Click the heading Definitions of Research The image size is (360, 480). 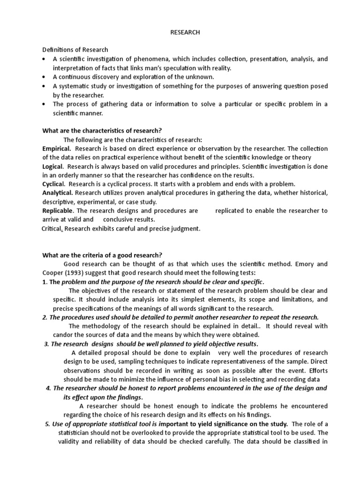(75, 50)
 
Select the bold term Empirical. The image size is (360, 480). (57, 149)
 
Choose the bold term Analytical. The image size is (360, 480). (58, 193)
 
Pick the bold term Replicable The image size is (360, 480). (58, 211)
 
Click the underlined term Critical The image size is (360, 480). (52, 229)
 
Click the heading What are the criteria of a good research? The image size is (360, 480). (102, 255)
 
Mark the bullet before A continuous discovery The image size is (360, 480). (44, 77)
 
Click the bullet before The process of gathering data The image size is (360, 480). (44, 104)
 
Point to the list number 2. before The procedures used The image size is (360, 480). (45, 317)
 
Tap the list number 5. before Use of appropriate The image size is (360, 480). (47, 424)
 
